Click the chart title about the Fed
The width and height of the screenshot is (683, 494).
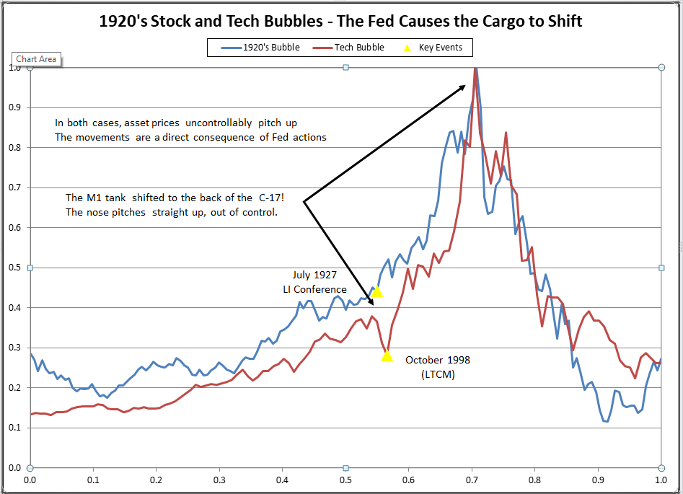[340, 22]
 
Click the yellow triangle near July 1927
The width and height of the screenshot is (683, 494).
[376, 291]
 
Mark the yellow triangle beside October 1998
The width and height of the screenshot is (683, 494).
[387, 355]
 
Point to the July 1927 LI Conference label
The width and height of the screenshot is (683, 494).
[314, 282]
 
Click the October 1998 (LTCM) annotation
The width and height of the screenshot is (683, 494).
[438, 366]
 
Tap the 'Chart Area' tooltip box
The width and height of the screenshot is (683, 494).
[36, 59]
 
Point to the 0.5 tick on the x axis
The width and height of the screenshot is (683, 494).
[345, 479]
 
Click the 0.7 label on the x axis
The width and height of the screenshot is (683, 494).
[472, 479]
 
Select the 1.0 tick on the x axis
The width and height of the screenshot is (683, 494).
[660, 479]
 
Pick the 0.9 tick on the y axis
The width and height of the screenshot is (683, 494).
[15, 107]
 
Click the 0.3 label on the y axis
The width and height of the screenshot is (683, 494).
[15, 348]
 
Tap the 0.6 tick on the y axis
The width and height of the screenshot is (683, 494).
[15, 228]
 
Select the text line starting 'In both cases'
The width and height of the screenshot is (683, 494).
[176, 123]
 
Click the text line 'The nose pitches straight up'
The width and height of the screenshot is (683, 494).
[171, 213]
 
